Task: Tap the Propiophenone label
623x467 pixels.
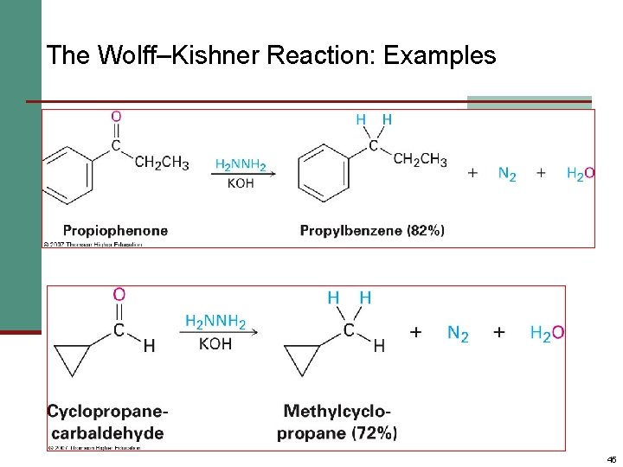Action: [x=115, y=230]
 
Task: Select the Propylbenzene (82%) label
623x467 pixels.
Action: [x=372, y=230]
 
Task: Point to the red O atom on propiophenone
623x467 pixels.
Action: [x=116, y=116]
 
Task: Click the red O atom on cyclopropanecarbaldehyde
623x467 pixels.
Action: [x=119, y=295]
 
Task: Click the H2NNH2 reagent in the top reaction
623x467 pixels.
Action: [x=241, y=164]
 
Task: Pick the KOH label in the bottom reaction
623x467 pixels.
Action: [x=215, y=344]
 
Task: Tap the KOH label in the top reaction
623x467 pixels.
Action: [x=241, y=182]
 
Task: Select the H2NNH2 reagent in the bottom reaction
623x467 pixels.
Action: [x=215, y=323]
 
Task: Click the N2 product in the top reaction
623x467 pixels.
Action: [x=507, y=173]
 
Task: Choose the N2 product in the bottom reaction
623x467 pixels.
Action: [x=458, y=333]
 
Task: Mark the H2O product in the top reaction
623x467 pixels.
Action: [x=580, y=173]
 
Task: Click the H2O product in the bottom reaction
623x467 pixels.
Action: [x=547, y=333]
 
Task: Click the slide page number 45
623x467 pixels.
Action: [x=611, y=459]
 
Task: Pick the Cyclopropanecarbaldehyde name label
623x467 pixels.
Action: [x=108, y=421]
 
